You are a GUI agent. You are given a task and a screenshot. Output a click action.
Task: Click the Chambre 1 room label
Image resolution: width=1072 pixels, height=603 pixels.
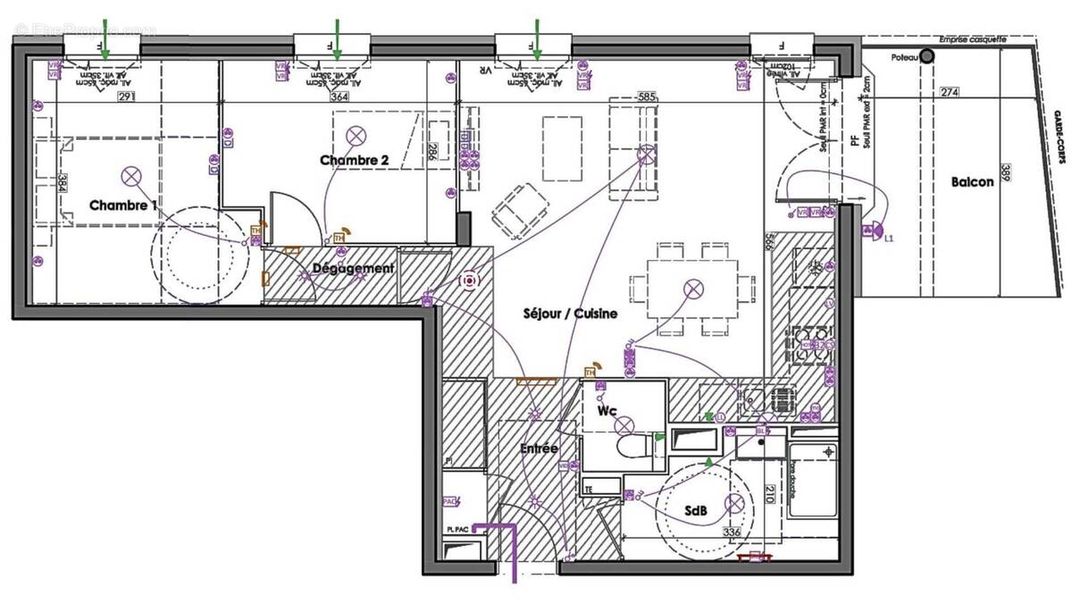point(123,205)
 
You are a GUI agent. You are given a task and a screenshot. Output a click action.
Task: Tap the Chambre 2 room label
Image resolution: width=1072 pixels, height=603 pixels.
point(355,160)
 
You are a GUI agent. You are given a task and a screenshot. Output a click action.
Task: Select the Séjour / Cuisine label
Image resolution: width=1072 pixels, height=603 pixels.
point(570,314)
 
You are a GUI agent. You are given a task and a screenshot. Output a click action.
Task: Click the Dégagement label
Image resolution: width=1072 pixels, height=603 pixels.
point(353,268)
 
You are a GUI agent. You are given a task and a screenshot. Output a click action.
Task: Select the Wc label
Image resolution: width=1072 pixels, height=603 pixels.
point(607,410)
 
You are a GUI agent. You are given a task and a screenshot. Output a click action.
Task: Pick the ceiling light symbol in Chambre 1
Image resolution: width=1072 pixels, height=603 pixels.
point(132,175)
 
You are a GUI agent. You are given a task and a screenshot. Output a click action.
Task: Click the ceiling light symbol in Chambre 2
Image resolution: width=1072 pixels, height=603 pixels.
point(356,136)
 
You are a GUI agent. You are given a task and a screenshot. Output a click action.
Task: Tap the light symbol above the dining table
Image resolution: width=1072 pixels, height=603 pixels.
point(693,289)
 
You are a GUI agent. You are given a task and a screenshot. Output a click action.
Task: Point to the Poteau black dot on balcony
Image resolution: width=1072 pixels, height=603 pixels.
point(927,55)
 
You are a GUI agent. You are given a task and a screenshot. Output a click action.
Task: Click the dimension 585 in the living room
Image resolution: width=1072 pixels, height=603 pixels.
point(647,96)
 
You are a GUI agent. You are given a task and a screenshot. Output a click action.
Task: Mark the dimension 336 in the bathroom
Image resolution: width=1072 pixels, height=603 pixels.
point(732,534)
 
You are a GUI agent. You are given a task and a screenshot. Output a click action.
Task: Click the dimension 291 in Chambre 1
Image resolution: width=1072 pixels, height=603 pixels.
point(125,96)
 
